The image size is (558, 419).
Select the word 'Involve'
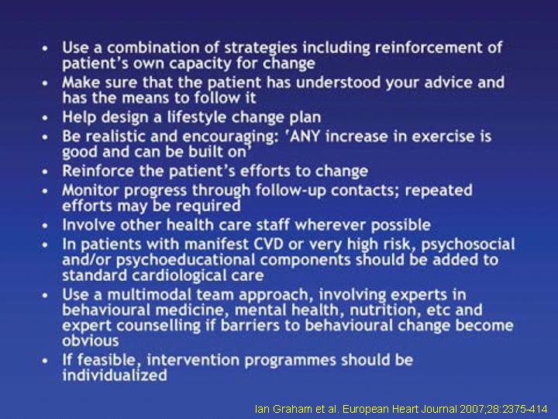pos(89,225)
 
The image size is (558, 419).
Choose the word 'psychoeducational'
pos(185,261)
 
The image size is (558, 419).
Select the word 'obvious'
pos(91,341)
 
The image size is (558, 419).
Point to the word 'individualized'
pos(115,376)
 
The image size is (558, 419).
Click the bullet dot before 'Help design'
pos(45,118)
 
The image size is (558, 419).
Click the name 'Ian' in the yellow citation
pos(263,409)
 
